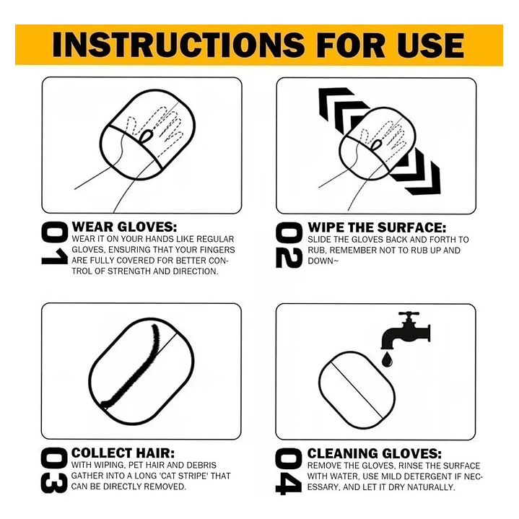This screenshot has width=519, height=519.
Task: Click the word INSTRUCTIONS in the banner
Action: tap(178, 45)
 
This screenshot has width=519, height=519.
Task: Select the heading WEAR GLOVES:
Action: tap(124, 227)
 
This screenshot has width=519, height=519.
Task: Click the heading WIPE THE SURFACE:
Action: tap(377, 227)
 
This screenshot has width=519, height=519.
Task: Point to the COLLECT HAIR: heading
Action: tap(123, 453)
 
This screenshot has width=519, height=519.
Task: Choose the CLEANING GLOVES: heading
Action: tap(375, 453)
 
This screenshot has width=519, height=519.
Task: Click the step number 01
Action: tap(54, 243)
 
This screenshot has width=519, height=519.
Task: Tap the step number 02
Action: tap(289, 245)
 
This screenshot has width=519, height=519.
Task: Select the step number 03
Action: tap(54, 471)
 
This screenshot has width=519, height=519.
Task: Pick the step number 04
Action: tap(288, 471)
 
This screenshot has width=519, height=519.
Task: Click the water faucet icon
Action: tap(406, 330)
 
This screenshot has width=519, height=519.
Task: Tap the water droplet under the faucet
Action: tap(387, 359)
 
